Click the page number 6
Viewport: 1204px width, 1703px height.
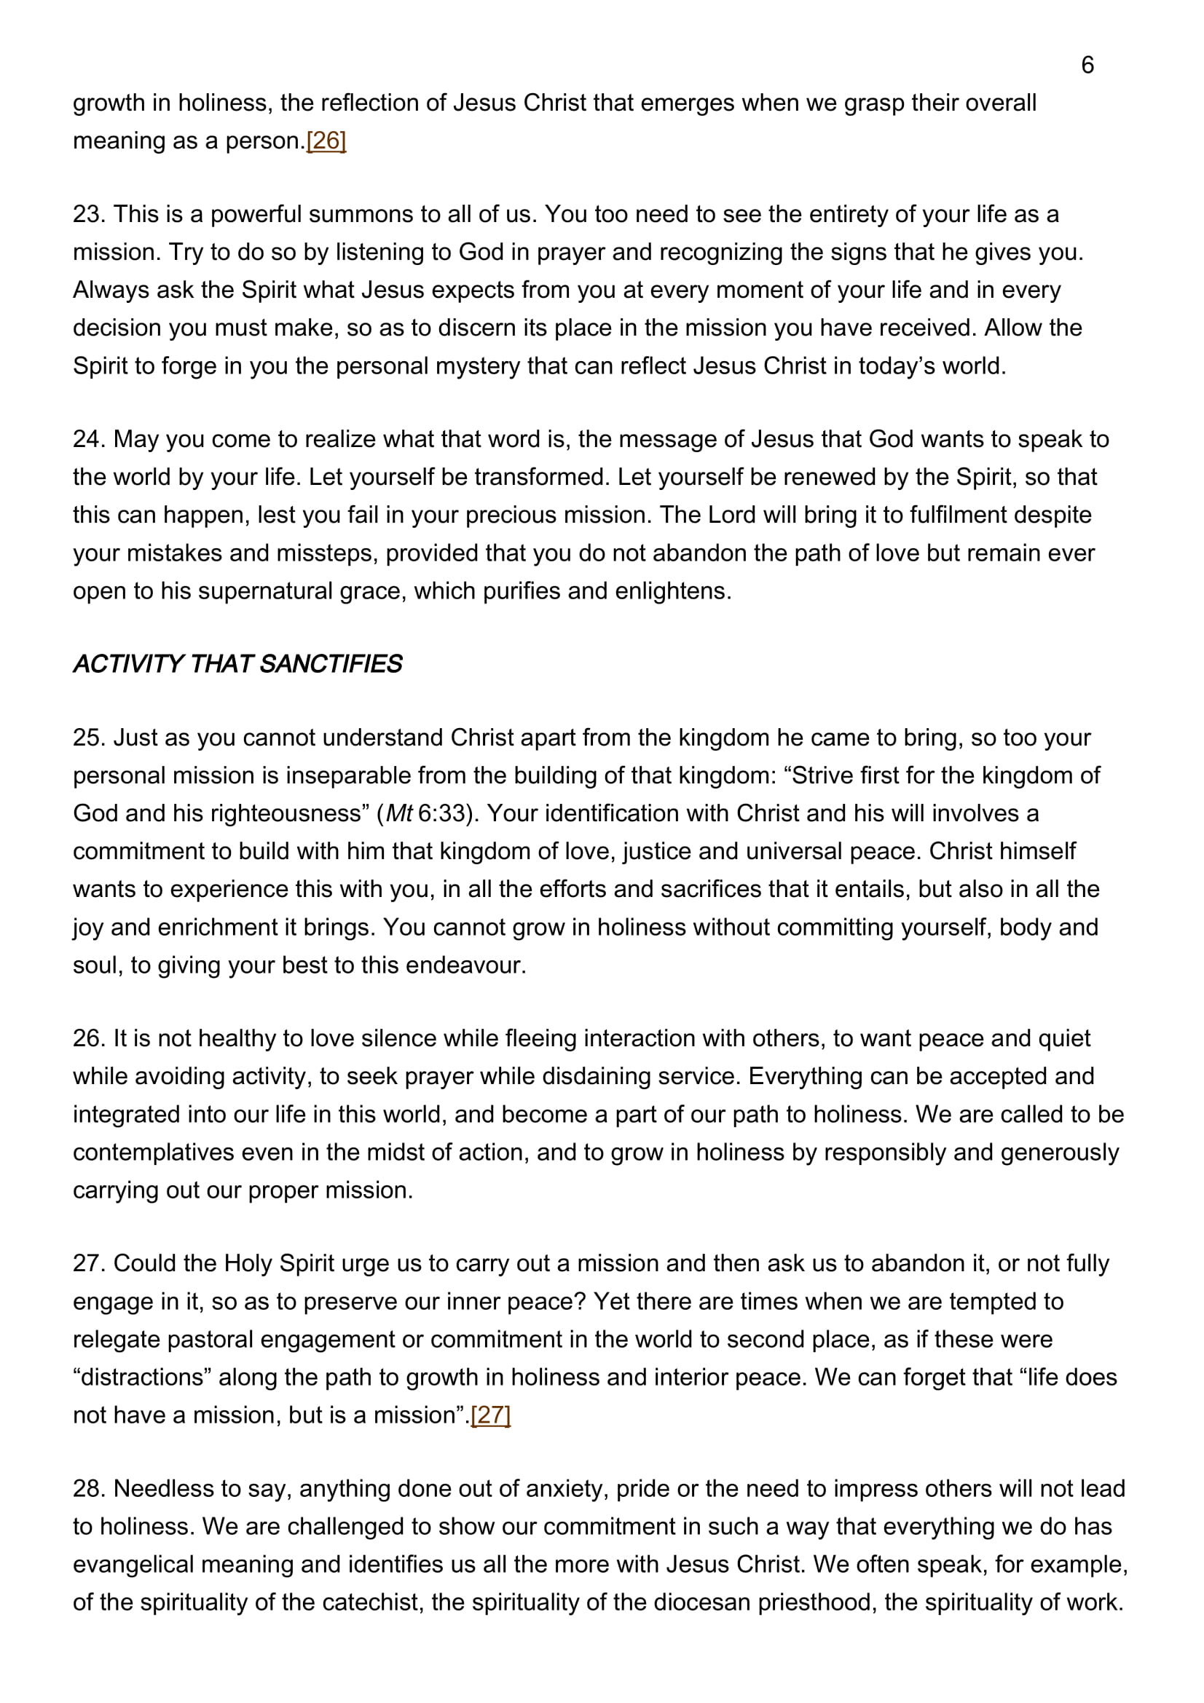coord(1087,66)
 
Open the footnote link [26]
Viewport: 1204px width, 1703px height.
coord(326,141)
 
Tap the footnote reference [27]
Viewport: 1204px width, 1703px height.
coord(490,1415)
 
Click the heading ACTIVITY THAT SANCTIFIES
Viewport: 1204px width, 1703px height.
coord(237,664)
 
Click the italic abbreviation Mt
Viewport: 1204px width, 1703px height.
coord(399,814)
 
